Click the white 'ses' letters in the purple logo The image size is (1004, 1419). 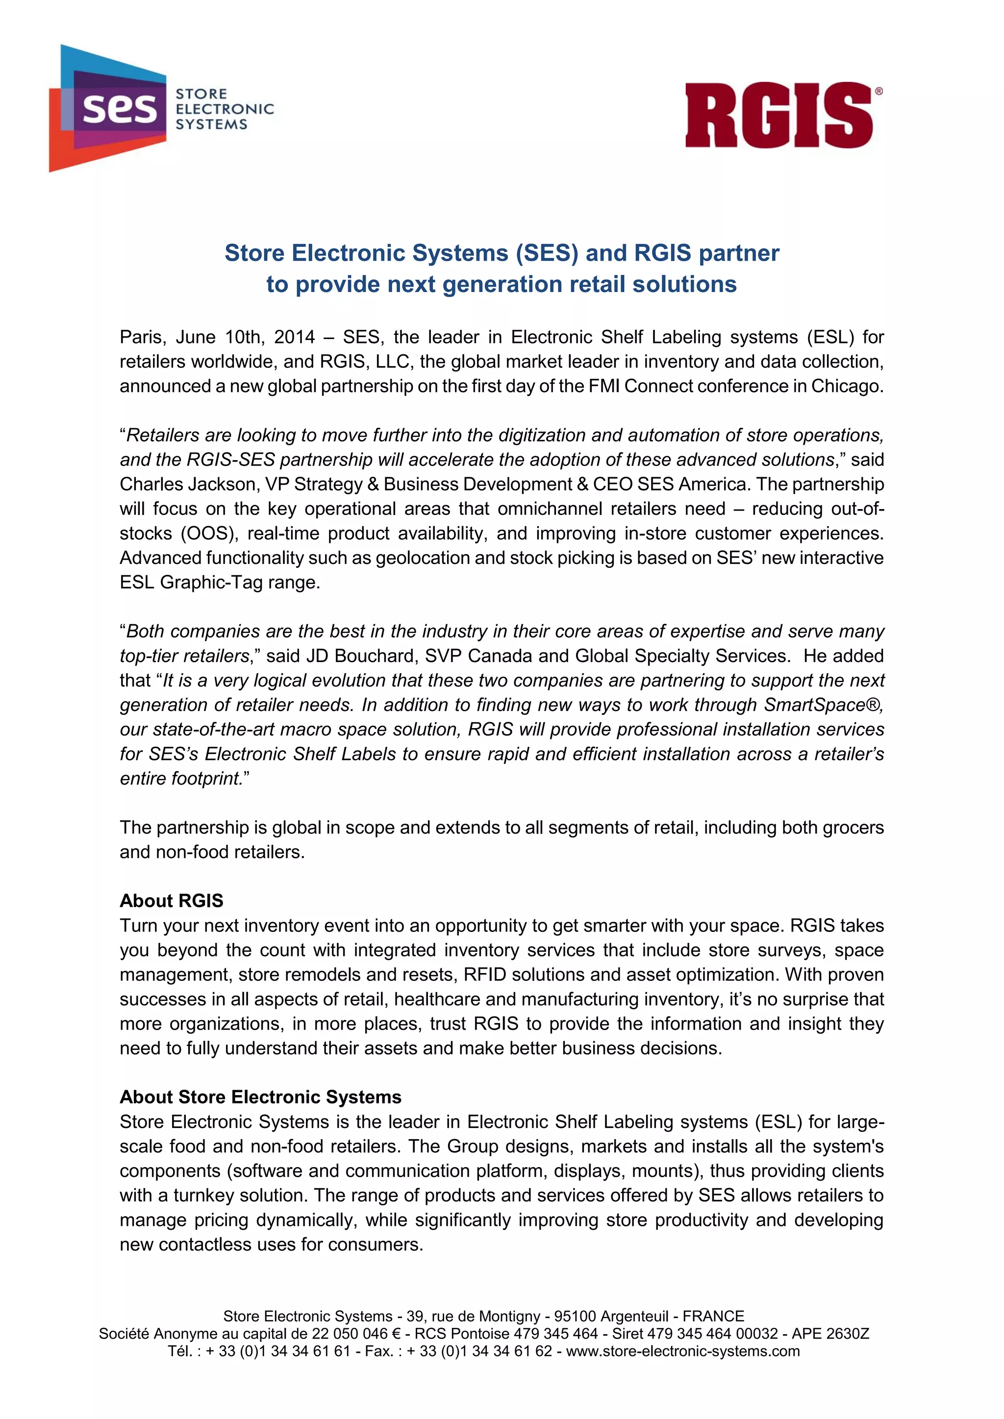coord(120,109)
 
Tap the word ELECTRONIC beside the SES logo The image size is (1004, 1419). coord(225,109)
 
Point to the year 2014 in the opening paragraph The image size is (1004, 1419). coord(294,338)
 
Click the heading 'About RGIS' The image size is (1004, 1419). coord(171,901)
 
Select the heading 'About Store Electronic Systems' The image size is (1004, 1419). coord(260,1097)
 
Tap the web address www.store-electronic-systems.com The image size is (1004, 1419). coord(682,1351)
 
